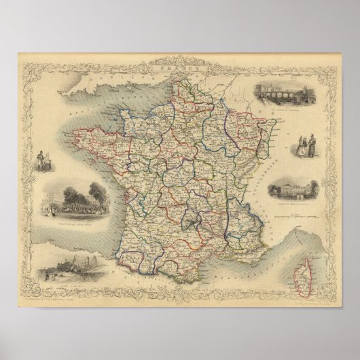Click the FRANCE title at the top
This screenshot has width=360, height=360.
point(178,69)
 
